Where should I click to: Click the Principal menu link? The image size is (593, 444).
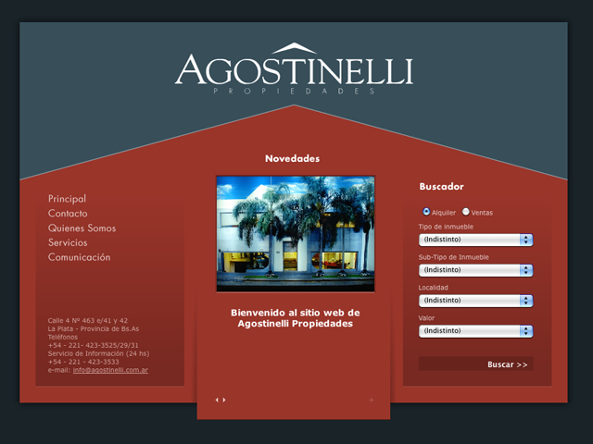click(x=67, y=199)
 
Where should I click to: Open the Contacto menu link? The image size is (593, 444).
click(x=68, y=214)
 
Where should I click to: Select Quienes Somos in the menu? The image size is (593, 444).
click(x=82, y=228)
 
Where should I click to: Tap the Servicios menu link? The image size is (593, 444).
click(x=68, y=242)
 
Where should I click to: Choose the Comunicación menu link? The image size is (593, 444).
click(x=80, y=257)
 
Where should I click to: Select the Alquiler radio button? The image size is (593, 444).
click(x=426, y=212)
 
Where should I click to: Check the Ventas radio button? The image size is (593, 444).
click(x=465, y=212)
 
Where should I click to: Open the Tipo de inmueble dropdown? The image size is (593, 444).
click(x=475, y=240)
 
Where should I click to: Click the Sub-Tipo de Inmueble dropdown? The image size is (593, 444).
click(x=475, y=270)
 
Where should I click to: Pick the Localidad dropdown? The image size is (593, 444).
click(x=475, y=301)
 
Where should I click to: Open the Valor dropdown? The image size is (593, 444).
click(x=475, y=331)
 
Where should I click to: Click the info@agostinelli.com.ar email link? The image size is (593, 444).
click(x=110, y=370)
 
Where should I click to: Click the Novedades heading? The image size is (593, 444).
click(x=293, y=158)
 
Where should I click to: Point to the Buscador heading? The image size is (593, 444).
click(x=441, y=187)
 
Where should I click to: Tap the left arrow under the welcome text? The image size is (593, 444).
click(x=217, y=400)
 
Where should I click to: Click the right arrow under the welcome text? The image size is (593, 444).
click(x=224, y=400)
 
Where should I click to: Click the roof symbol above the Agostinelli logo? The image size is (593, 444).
click(x=294, y=48)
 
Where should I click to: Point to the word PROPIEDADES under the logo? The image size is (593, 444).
click(x=294, y=91)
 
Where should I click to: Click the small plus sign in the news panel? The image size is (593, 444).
click(x=372, y=400)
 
